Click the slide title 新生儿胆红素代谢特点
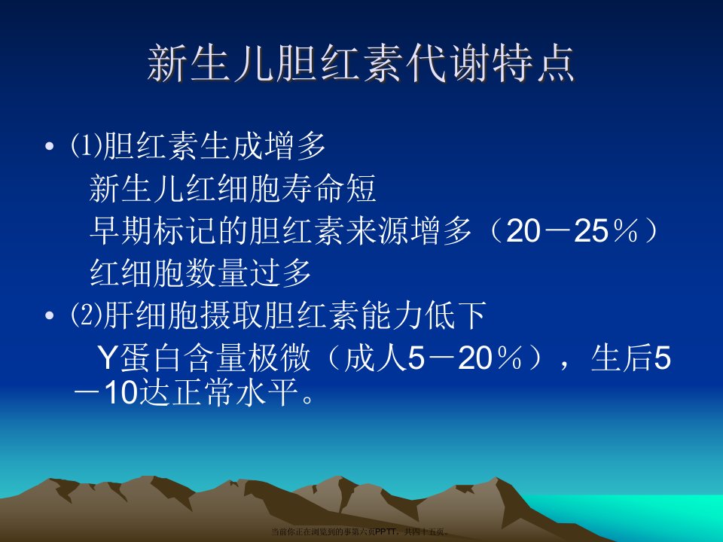(x=361, y=63)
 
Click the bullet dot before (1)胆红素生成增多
(x=50, y=147)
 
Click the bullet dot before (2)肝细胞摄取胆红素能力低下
(x=50, y=316)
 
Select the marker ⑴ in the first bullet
(x=86, y=145)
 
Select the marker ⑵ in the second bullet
(x=86, y=315)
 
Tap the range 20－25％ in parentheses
(x=572, y=230)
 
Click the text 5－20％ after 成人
(x=465, y=358)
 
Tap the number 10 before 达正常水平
(x=122, y=393)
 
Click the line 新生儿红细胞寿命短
(x=233, y=188)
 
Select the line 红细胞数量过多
(x=200, y=273)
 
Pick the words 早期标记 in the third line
(x=153, y=230)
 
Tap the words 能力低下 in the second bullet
(x=424, y=315)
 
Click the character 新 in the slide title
(x=168, y=63)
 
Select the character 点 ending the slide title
(x=555, y=63)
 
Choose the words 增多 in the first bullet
(x=295, y=145)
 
